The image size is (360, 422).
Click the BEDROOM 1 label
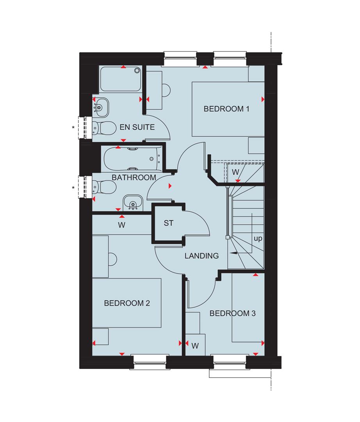226,109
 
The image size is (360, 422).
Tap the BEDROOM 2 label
127,303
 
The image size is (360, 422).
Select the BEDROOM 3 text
232,313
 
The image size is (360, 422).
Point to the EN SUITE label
137,127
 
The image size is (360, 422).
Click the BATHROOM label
134,177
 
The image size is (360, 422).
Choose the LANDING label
201,256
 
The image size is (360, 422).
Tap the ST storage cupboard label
168,224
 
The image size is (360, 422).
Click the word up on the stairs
258,239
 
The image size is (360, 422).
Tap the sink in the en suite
101,105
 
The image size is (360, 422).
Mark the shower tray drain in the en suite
137,71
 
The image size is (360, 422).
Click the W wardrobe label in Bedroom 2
121,225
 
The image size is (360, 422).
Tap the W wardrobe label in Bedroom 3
195,345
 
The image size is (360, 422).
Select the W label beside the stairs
235,172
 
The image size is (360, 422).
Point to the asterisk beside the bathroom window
73,188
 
